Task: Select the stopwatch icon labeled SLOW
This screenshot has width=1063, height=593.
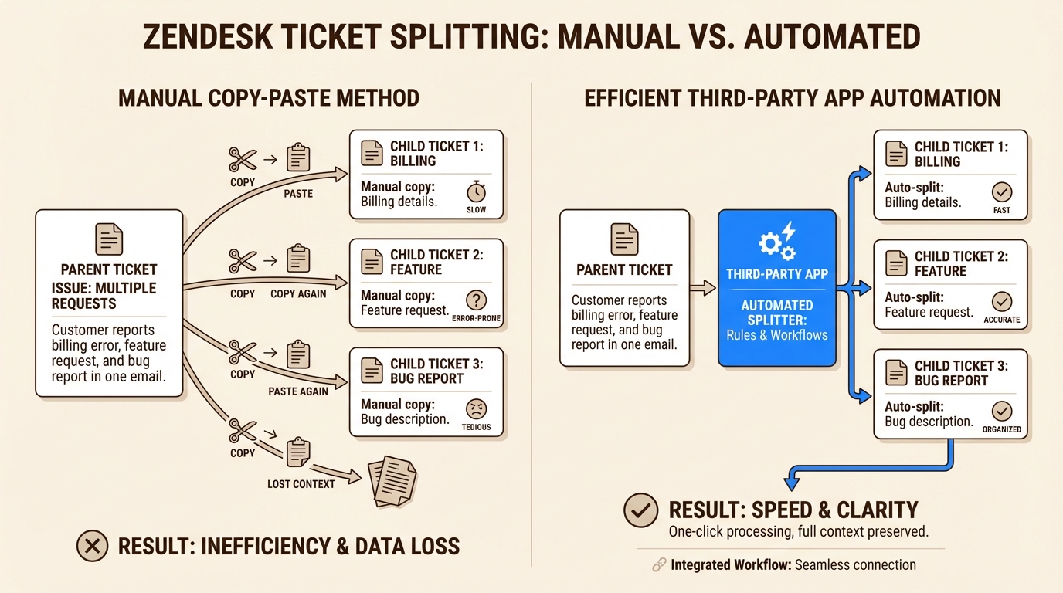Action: pyautogui.click(x=477, y=191)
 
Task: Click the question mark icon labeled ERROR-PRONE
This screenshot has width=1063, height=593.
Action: pyautogui.click(x=477, y=300)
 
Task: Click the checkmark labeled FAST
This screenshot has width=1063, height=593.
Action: pyautogui.click(x=1002, y=191)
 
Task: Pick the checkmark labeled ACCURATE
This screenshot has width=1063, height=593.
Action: pyautogui.click(x=1002, y=301)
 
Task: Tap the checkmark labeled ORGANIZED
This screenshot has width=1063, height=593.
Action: pyautogui.click(x=1002, y=411)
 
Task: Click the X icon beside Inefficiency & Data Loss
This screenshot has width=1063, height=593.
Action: pyautogui.click(x=93, y=547)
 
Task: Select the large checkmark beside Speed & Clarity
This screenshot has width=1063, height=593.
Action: pyautogui.click(x=640, y=510)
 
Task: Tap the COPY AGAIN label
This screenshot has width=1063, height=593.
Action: pyautogui.click(x=298, y=293)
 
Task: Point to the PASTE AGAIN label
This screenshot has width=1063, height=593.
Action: pyautogui.click(x=298, y=391)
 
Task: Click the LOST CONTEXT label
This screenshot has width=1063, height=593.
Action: pyautogui.click(x=301, y=484)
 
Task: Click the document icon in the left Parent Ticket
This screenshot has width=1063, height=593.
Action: pyautogui.click(x=109, y=239)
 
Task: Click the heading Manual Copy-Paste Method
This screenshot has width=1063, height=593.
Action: pyautogui.click(x=268, y=98)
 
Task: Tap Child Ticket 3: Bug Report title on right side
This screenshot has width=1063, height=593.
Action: pyautogui.click(x=960, y=373)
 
